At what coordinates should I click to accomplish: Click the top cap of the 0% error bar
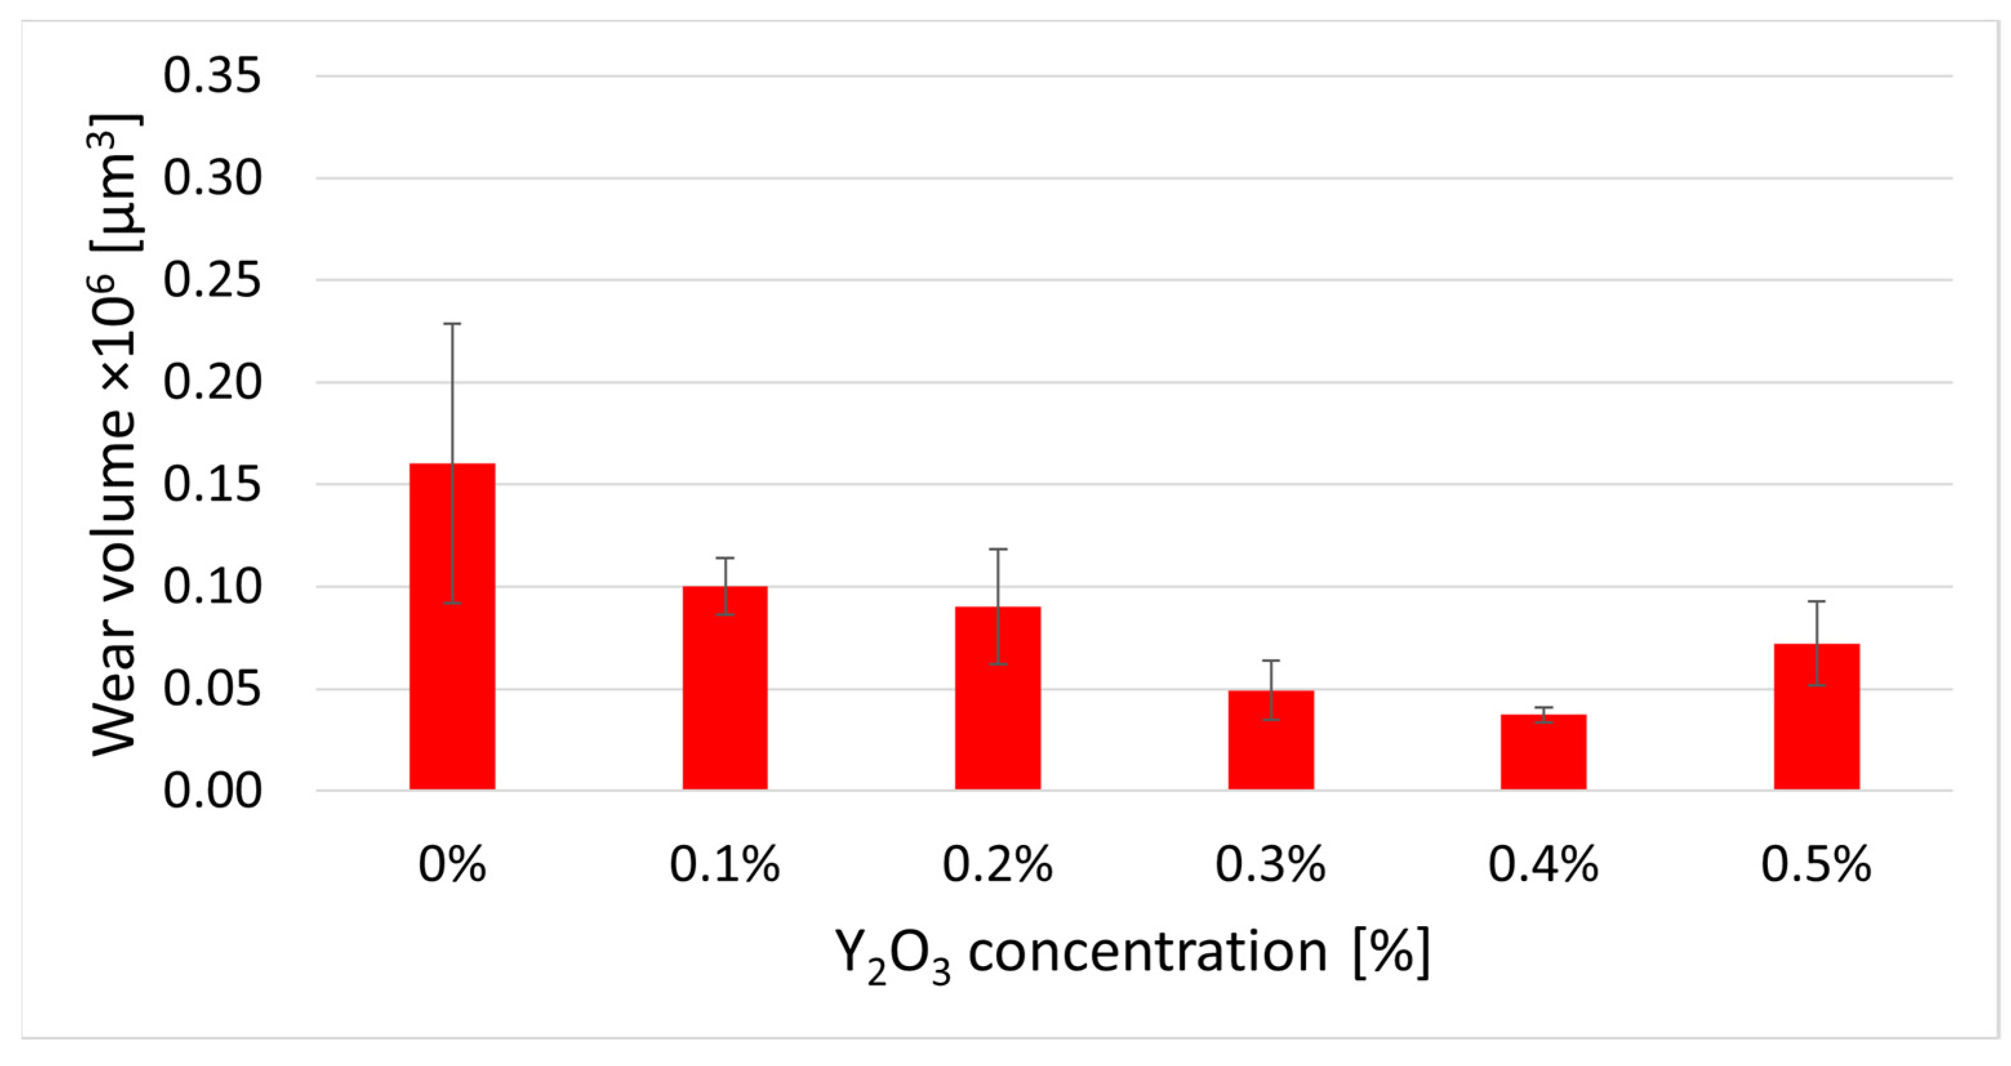coord(452,323)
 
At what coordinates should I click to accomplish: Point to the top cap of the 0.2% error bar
coord(997,549)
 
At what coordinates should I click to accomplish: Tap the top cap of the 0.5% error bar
coord(1817,601)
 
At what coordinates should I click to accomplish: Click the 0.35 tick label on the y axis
coord(211,77)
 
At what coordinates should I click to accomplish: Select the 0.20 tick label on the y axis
coord(211,382)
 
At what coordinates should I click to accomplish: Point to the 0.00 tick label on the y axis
coord(211,791)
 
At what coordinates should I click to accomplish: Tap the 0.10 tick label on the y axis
coord(211,587)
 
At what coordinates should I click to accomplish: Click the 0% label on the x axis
coord(452,865)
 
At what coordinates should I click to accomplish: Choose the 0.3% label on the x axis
coord(1271,865)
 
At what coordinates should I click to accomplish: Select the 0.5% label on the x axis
coord(1817,865)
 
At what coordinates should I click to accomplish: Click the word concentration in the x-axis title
coord(1148,952)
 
